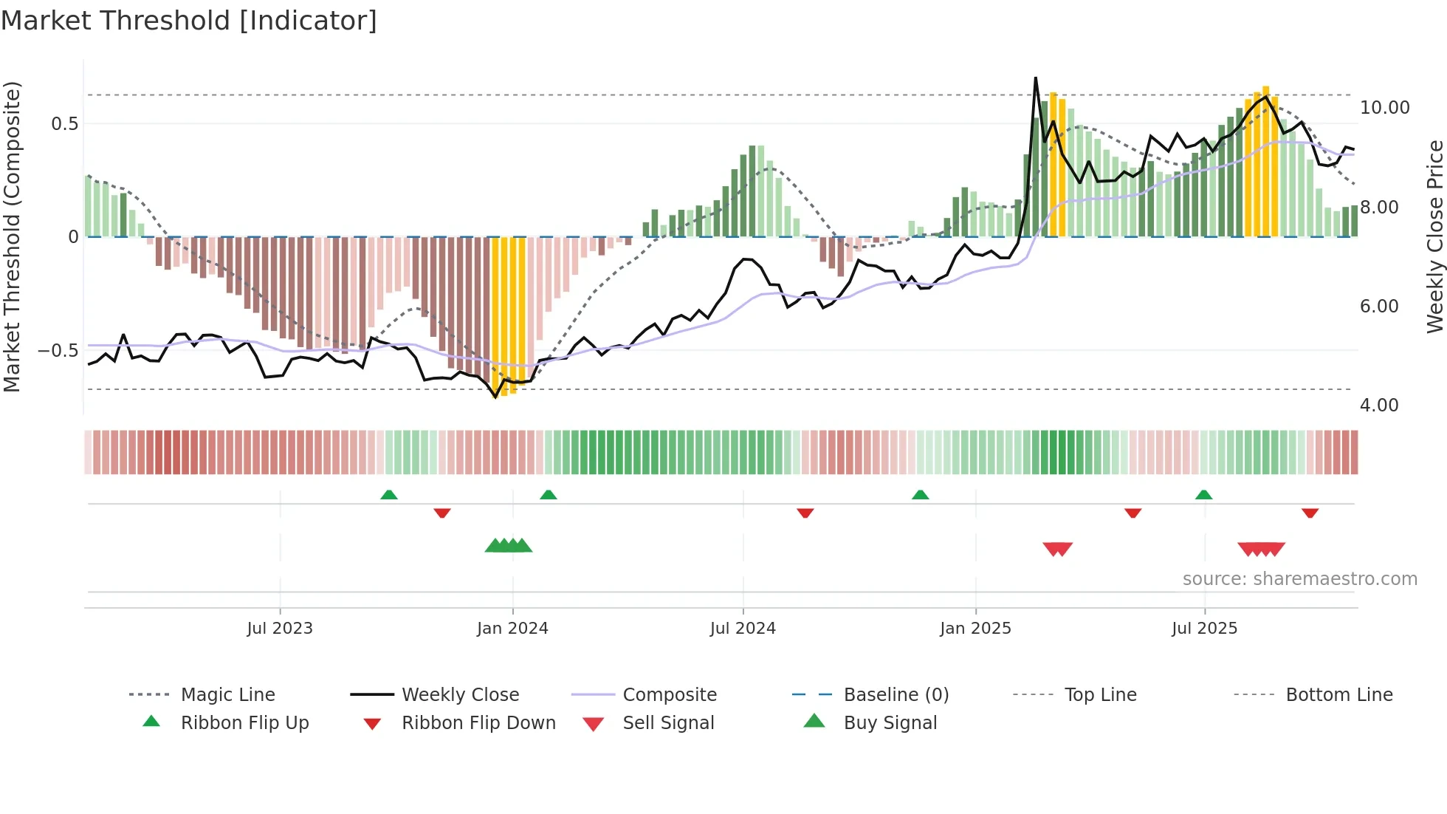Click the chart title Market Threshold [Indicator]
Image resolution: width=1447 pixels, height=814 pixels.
tap(189, 21)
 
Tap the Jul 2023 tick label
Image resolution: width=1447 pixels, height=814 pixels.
tap(280, 629)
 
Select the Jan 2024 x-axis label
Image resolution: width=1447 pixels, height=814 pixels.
tap(512, 629)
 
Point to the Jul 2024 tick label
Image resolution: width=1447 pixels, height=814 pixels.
tap(743, 629)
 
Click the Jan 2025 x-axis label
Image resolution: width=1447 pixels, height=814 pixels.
tap(975, 629)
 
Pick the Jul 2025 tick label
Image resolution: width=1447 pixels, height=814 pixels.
tap(1204, 629)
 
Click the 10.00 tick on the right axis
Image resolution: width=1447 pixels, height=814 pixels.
tap(1384, 108)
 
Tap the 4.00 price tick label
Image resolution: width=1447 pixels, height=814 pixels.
tap(1378, 406)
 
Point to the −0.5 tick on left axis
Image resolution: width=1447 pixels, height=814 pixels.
tap(58, 351)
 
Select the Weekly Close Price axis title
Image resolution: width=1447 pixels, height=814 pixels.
tap(1434, 236)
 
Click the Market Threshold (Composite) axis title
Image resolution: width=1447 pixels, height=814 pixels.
tap(12, 236)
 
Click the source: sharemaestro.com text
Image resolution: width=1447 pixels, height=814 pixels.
tap(1299, 579)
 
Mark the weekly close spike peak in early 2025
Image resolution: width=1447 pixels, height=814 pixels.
tap(1036, 78)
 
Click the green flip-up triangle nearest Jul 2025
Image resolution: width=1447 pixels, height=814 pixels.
tap(1203, 495)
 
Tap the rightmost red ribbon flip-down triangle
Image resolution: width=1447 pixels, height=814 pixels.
tap(1310, 513)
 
